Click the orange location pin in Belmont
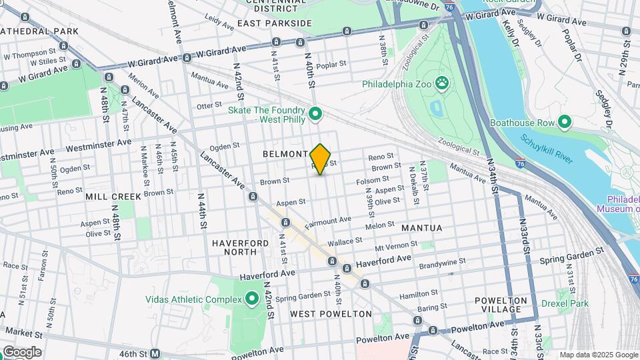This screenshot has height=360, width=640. coord(321,158)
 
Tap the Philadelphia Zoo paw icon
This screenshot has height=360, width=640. coord(441,83)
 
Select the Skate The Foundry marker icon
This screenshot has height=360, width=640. coord(316,115)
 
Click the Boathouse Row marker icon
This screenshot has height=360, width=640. coord(565,122)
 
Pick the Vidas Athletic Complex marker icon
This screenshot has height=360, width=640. coord(252,299)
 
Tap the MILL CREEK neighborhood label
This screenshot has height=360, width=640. coord(113,197)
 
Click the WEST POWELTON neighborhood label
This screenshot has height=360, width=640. coord(331,313)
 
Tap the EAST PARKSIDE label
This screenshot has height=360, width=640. coord(274,23)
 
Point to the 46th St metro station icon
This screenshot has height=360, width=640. coord(155,353)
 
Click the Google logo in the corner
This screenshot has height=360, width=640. coord(21,352)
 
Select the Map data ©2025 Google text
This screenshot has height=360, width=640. coord(598,355)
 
